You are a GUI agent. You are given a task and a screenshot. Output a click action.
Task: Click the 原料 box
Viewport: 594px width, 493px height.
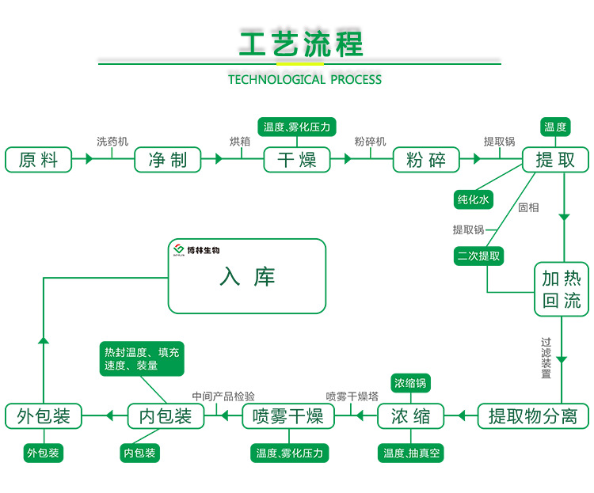pyautogui.click(x=38, y=159)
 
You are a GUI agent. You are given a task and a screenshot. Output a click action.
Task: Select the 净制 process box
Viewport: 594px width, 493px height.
pyautogui.click(x=168, y=159)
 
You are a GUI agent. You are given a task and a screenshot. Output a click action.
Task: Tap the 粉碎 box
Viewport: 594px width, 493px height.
pyautogui.click(x=426, y=159)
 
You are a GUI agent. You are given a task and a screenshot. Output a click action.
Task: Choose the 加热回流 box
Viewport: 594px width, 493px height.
pyautogui.click(x=562, y=289)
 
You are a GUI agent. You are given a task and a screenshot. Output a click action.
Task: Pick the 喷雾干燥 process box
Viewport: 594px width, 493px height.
pyautogui.click(x=288, y=415)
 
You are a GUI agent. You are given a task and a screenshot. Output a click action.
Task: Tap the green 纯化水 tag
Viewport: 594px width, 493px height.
pyautogui.click(x=474, y=200)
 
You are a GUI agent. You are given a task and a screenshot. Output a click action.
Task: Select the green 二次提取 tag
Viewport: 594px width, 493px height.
pyautogui.click(x=478, y=256)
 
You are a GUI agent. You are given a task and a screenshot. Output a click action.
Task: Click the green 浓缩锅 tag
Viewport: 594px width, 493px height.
pyautogui.click(x=411, y=383)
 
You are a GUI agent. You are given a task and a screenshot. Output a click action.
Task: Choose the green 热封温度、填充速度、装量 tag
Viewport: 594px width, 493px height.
pyautogui.click(x=142, y=358)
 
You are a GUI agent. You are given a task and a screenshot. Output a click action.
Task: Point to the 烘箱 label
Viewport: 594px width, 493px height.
pyautogui.click(x=240, y=141)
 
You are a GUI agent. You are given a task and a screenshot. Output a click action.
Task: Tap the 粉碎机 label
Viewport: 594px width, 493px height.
pyautogui.click(x=370, y=141)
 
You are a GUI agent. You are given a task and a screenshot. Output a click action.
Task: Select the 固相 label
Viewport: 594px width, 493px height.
pyautogui.click(x=528, y=207)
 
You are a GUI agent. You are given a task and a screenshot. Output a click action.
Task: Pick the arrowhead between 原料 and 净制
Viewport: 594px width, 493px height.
pyautogui.click(x=89, y=159)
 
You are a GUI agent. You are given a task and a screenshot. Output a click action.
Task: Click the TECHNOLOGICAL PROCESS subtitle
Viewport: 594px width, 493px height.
pyautogui.click(x=305, y=79)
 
